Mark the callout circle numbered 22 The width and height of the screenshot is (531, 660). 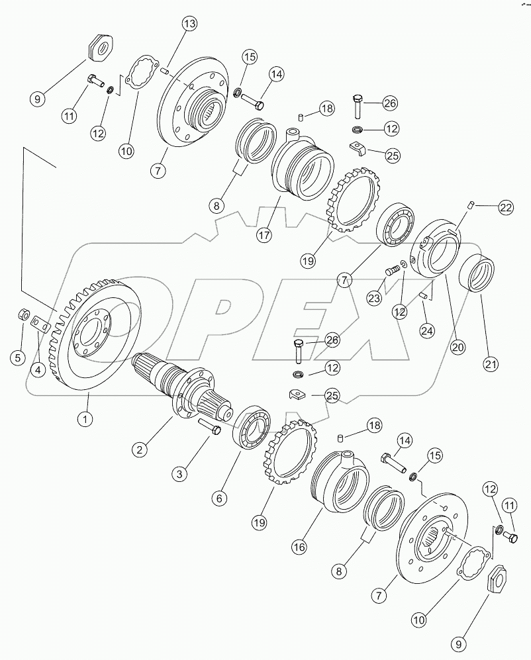coord(507,208)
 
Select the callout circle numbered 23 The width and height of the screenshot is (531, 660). coord(375,299)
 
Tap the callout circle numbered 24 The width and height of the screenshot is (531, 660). coord(427,329)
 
